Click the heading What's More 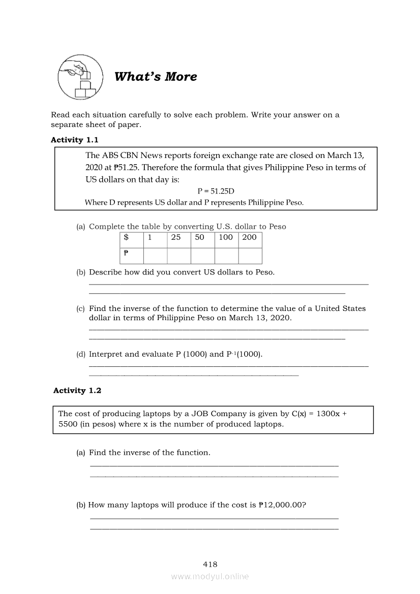(x=156, y=77)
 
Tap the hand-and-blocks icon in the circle (x=80, y=77)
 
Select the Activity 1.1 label (x=75, y=140)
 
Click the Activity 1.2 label (x=77, y=390)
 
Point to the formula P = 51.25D (x=216, y=191)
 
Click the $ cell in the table (x=132, y=237)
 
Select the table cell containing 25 (x=178, y=237)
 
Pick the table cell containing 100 (x=226, y=237)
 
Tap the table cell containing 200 (x=250, y=237)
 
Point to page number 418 (x=210, y=564)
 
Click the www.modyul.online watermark (x=210, y=577)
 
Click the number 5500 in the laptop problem (x=68, y=424)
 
